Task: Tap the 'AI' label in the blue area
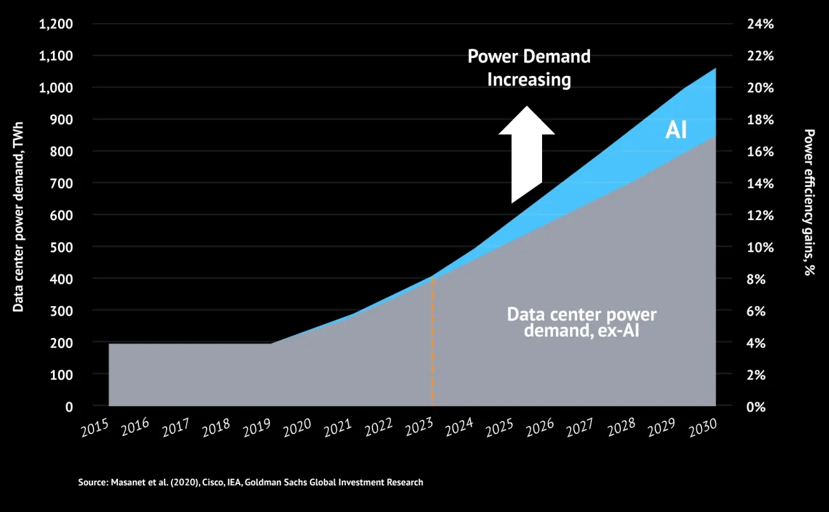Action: pyautogui.click(x=676, y=130)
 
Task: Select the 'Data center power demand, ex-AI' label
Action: pyautogui.click(x=581, y=322)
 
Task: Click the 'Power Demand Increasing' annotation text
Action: pyautogui.click(x=529, y=68)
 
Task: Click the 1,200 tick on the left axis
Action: pyautogui.click(x=56, y=24)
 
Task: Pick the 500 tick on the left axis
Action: pyautogui.click(x=62, y=247)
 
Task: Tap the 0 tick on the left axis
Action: pyautogui.click(x=69, y=406)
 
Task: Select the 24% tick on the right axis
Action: pyautogui.click(x=759, y=24)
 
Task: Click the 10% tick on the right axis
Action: pyautogui.click(x=759, y=247)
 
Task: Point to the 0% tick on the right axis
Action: pyautogui.click(x=756, y=406)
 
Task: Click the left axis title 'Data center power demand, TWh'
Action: pyautogui.click(x=18, y=217)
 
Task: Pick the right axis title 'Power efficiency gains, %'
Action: pyautogui.click(x=809, y=202)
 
